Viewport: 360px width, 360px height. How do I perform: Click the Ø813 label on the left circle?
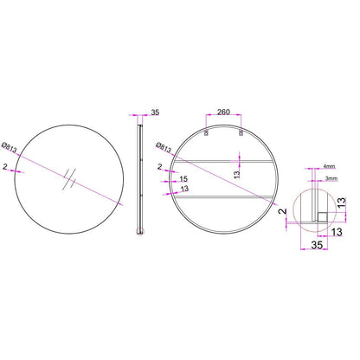pos(9,147)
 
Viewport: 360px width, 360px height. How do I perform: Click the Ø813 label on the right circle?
pos(164,147)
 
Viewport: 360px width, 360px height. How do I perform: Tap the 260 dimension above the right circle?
pos(223,112)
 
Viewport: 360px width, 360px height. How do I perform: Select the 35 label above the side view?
pos(155,112)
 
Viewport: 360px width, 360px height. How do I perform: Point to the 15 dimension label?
pos(183,179)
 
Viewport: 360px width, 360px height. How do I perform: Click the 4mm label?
pos(329,166)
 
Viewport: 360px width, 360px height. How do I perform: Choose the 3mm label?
pos(331,178)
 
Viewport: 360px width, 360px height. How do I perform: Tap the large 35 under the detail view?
pos(317,245)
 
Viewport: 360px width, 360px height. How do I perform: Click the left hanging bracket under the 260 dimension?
pos(206,132)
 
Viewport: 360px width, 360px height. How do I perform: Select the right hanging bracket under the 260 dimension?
pos(241,132)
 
